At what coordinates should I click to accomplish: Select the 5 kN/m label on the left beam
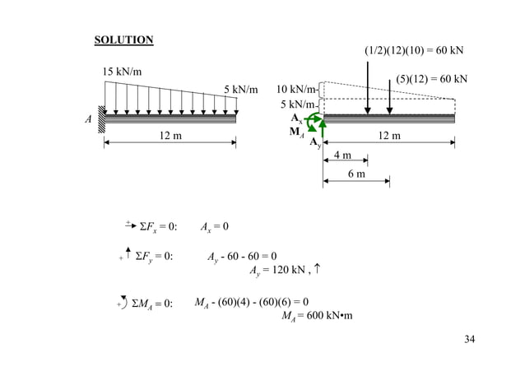click(240, 89)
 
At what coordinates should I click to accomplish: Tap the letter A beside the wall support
click(87, 118)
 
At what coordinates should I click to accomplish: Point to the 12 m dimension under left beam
click(170, 135)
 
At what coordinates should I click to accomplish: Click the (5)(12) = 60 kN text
click(432, 79)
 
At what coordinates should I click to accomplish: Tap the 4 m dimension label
click(341, 155)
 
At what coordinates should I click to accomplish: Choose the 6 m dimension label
click(356, 174)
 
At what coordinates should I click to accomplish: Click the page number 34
click(469, 340)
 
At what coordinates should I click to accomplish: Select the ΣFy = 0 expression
click(153, 256)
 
